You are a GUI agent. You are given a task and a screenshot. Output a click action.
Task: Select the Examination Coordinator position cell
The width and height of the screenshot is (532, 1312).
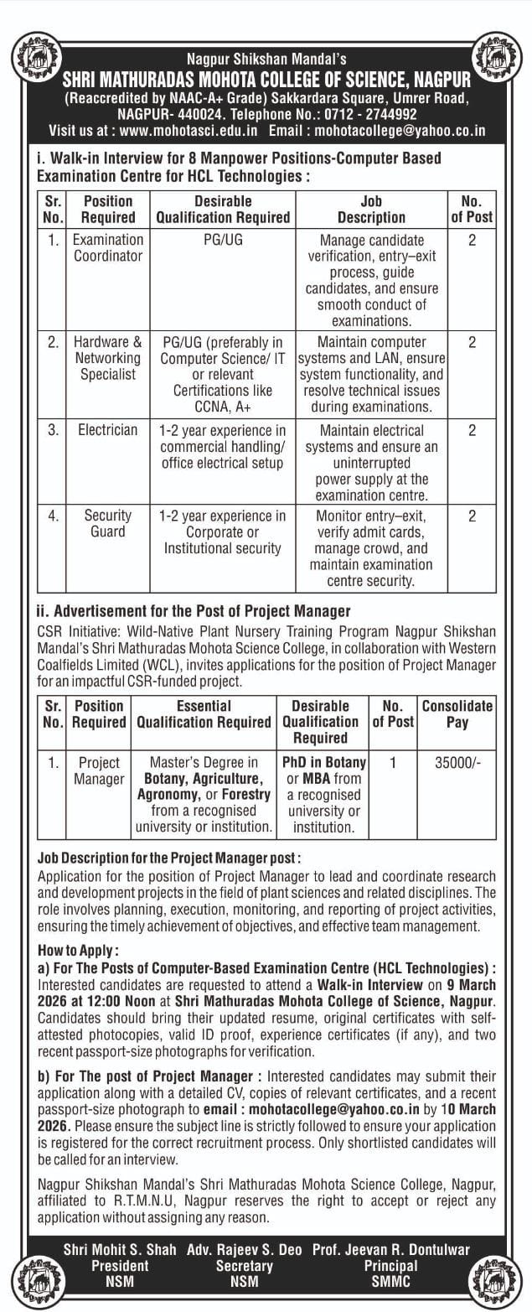coord(108,247)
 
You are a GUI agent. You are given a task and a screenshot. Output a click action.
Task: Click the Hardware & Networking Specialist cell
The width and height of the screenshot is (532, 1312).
coord(108,358)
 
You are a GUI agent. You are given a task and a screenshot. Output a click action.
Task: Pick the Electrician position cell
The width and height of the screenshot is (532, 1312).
coord(108,430)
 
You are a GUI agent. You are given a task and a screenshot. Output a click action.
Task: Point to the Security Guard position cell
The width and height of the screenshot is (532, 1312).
coord(108,523)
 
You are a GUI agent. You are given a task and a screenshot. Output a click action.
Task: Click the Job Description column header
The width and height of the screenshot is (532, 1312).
coord(371,209)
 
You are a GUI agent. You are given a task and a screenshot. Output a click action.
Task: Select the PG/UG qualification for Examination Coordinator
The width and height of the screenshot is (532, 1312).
coord(223,240)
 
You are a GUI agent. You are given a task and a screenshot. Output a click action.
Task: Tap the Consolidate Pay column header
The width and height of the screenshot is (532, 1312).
coord(457,713)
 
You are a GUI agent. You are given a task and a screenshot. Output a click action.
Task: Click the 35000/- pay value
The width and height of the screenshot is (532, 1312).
coord(457,763)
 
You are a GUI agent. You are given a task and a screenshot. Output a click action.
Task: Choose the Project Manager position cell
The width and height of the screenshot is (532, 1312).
coord(99,771)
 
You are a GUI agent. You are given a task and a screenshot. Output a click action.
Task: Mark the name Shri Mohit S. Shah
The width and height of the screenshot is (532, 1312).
coord(120,1250)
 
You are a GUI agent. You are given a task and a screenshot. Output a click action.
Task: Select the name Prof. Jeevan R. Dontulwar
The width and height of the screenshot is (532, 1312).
coord(390,1250)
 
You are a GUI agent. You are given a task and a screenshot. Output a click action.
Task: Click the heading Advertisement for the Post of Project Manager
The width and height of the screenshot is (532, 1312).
coord(194,611)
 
